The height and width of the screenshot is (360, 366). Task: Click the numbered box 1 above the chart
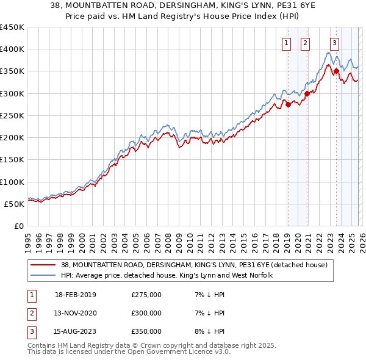pyautogui.click(x=286, y=43)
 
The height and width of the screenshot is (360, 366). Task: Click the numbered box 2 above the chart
pyautogui.click(x=305, y=43)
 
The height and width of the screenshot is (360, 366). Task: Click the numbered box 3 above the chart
pyautogui.click(x=335, y=43)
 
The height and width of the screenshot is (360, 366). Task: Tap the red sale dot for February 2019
pyautogui.click(x=288, y=104)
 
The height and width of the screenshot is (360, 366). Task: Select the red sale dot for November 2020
pyautogui.click(x=307, y=93)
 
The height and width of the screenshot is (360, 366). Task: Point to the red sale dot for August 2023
pyautogui.click(x=336, y=71)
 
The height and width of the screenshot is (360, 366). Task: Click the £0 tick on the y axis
pyautogui.click(x=18, y=226)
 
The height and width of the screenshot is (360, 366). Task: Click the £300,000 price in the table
pyautogui.click(x=146, y=313)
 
